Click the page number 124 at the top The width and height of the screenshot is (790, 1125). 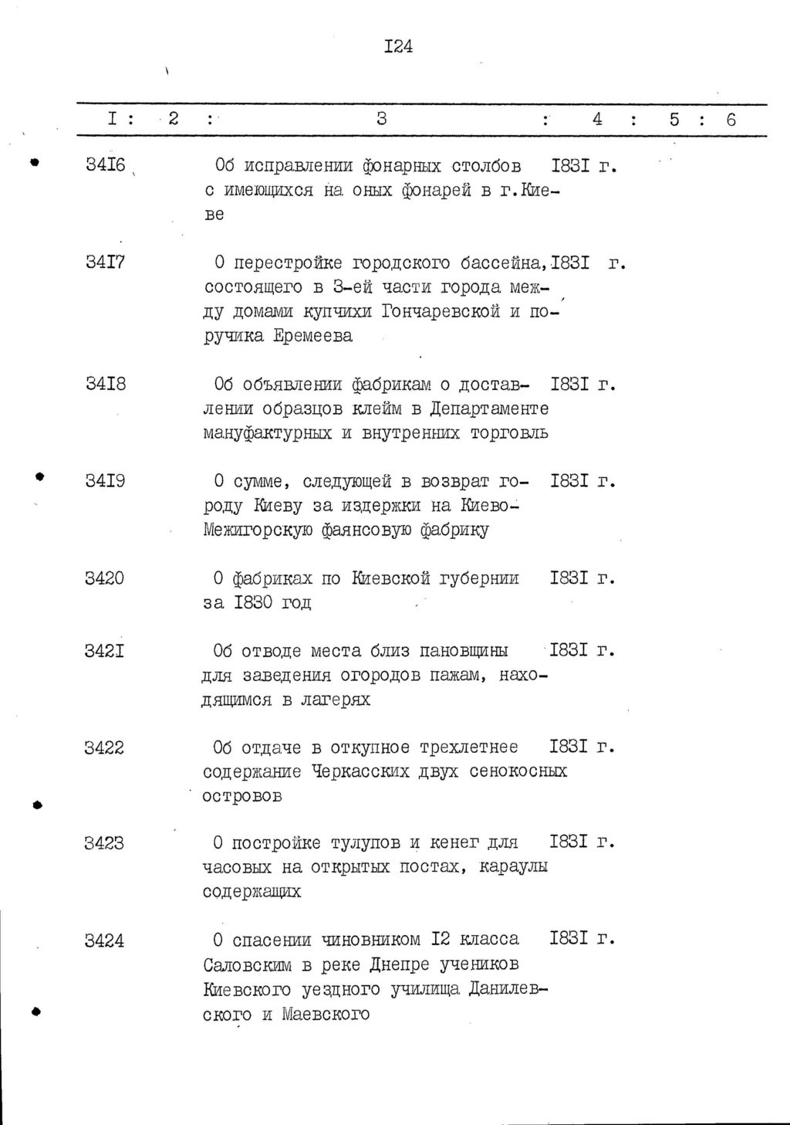398,47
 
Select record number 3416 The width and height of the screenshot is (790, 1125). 105,166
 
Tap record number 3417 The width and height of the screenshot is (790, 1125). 105,263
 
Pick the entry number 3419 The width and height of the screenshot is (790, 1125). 105,482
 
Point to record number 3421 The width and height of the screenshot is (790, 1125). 105,651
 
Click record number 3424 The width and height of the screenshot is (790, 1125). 105,940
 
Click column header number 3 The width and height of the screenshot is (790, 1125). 381,119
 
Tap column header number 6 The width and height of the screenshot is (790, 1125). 731,120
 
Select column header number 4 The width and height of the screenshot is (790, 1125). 596,119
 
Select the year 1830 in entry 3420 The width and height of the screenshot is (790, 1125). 250,602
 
